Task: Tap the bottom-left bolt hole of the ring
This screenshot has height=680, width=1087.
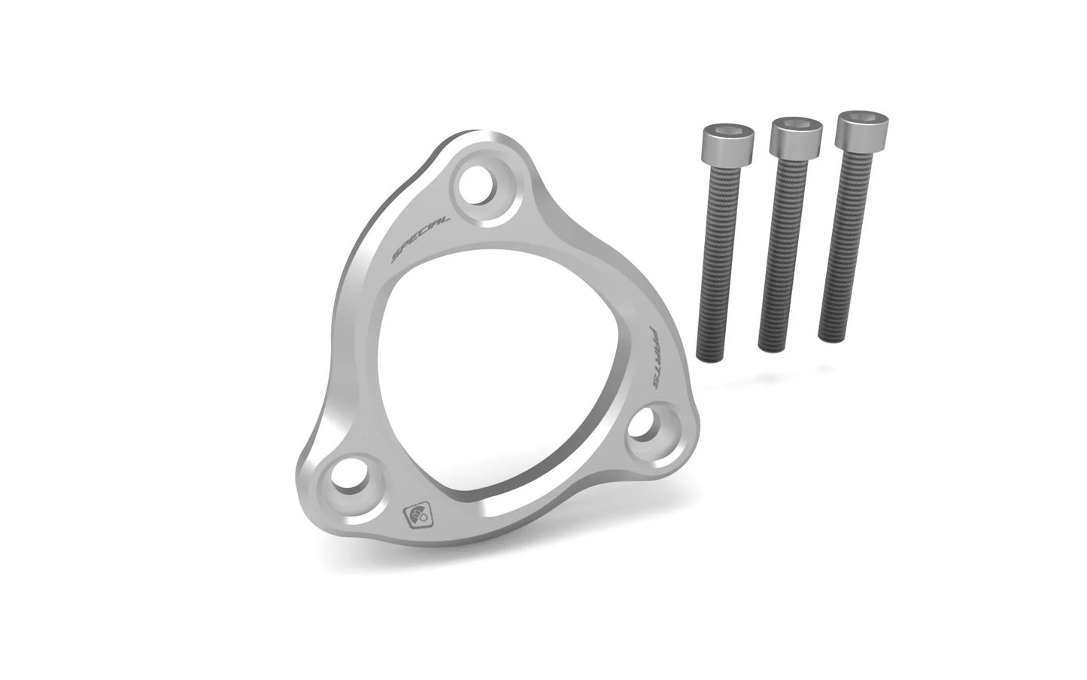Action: (348, 477)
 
